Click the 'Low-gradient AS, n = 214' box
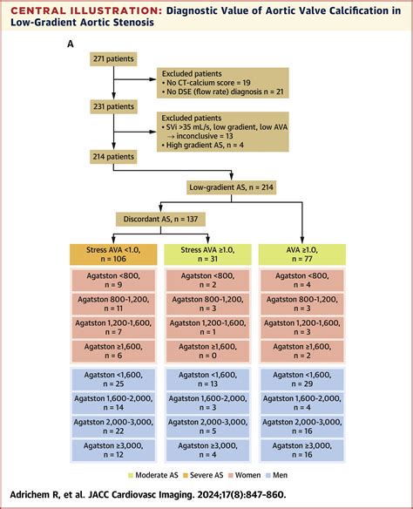coord(239,187)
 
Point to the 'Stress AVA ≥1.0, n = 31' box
coord(206,254)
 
